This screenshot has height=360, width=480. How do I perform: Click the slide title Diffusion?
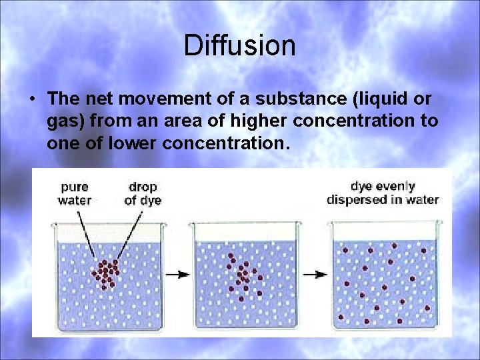click(239, 45)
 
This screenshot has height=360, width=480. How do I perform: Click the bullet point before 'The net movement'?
click(32, 99)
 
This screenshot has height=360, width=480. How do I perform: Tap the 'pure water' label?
click(75, 193)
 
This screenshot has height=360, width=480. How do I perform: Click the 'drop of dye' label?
click(143, 193)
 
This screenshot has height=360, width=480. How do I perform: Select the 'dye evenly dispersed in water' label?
click(383, 193)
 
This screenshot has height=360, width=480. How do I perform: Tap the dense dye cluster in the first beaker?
click(107, 273)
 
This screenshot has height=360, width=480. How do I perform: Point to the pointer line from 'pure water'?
click(87, 233)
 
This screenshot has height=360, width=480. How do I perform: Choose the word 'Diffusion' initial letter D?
click(192, 45)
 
